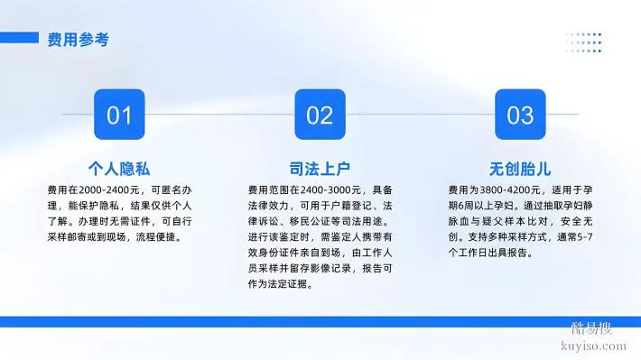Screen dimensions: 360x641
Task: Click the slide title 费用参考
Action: [79, 39]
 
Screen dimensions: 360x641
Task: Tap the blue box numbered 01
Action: [119, 115]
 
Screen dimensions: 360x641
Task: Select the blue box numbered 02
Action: [320, 115]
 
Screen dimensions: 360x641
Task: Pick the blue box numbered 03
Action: [520, 115]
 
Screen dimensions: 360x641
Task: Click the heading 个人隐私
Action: [119, 169]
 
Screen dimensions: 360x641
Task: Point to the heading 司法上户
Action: [320, 169]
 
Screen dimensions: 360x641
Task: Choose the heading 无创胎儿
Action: [520, 169]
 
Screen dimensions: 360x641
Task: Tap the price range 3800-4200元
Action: [509, 190]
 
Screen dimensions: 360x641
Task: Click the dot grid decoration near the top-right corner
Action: [583, 43]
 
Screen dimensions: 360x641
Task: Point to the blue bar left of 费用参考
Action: [20, 38]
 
